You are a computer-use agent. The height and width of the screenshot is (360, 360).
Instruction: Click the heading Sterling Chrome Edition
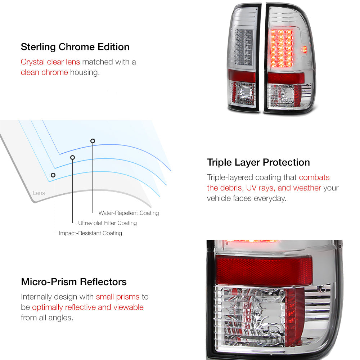pos(75,47)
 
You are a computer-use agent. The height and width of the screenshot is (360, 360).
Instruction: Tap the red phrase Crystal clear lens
pos(50,62)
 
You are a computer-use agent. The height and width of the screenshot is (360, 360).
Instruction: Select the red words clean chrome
pos(44,72)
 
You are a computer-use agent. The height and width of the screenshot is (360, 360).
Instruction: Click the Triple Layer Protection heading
pos(258,162)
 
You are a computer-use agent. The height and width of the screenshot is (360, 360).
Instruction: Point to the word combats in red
pos(314,177)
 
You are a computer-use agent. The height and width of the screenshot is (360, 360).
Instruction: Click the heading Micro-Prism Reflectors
pos(74,282)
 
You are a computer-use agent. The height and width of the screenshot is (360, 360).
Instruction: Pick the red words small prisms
pos(118,297)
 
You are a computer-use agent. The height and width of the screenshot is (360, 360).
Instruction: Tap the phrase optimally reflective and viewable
pos(88,307)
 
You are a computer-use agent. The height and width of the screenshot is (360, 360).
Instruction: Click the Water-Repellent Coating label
pos(129,213)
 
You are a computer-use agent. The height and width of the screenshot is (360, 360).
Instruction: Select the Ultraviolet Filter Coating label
pos(107,223)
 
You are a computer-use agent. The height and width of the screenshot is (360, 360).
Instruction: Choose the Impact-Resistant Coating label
pos(90,233)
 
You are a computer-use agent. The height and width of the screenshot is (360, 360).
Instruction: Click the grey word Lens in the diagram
pos(39,193)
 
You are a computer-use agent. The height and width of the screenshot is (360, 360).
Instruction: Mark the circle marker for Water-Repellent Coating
pos(93,141)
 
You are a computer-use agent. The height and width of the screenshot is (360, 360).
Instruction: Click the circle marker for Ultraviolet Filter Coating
pos(73,158)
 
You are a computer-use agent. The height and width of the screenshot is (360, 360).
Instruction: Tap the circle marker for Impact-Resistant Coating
pos(53,175)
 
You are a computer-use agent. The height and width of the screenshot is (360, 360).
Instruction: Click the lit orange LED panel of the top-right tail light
pos(282,49)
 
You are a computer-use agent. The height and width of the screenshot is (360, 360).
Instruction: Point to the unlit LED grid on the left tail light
pos(244,46)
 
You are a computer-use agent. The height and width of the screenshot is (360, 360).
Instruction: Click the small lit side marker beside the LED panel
pos(305,49)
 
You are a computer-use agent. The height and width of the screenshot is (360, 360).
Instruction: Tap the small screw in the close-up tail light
pos(322,289)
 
